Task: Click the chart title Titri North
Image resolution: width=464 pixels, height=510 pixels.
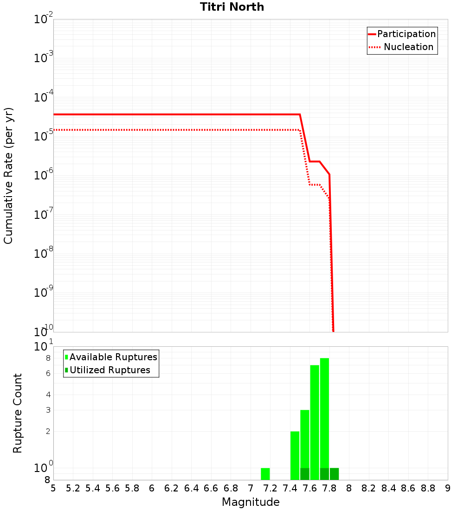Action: (x=232, y=7)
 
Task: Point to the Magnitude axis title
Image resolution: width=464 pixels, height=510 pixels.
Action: (x=251, y=502)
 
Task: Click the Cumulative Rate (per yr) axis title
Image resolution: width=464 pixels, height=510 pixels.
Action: (x=8, y=175)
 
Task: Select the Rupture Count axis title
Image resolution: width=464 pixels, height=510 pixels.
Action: (x=18, y=413)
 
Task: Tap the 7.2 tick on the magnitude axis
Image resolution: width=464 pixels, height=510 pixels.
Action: (x=270, y=488)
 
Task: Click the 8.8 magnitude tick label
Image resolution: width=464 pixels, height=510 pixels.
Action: (x=428, y=488)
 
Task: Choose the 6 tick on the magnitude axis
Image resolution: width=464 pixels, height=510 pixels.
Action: (x=152, y=488)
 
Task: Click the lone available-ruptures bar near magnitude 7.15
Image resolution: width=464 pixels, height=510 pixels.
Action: (x=265, y=474)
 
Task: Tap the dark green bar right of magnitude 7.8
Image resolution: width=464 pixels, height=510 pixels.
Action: (x=334, y=474)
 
